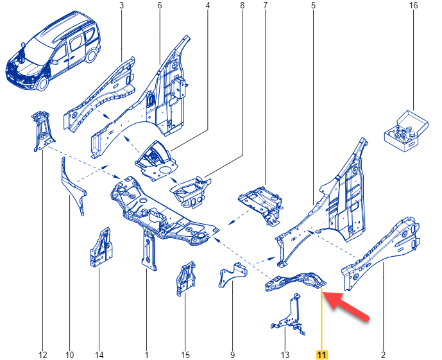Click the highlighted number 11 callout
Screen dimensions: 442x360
tap(322, 354)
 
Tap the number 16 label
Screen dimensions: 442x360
tap(414, 5)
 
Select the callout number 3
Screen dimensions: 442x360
tap(121, 5)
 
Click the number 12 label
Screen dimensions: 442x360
tap(43, 355)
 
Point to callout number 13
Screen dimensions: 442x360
tap(285, 355)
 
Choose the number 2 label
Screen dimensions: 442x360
tap(383, 355)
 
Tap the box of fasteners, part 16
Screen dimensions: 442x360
tap(406, 131)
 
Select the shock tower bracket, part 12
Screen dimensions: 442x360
tap(43, 131)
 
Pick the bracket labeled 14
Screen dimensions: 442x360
tap(101, 248)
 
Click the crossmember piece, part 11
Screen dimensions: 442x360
tap(296, 281)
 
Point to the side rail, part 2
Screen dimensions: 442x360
tap(380, 253)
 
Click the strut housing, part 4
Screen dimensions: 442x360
tap(157, 160)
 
